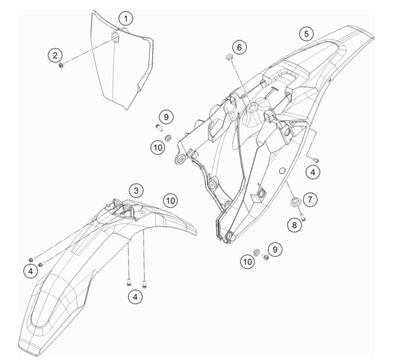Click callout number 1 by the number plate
pyautogui.click(x=126, y=18)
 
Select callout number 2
pyautogui.click(x=55, y=55)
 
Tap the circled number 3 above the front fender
pyautogui.click(x=136, y=191)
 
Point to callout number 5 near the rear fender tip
pyautogui.click(x=306, y=34)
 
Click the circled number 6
pyautogui.click(x=239, y=47)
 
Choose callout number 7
pyautogui.click(x=310, y=200)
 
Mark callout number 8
pyautogui.click(x=295, y=225)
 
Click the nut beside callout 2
pyautogui.click(x=61, y=65)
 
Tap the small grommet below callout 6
pyautogui.click(x=229, y=57)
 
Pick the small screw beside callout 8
pyautogui.click(x=303, y=216)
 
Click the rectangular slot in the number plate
pyautogui.click(x=115, y=37)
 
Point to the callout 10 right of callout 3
pyautogui.click(x=171, y=201)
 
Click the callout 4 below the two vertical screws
pyautogui.click(x=135, y=296)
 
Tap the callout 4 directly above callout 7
pyautogui.click(x=313, y=172)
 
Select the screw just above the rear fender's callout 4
pyautogui.click(x=316, y=160)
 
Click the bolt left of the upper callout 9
pyautogui.click(x=158, y=127)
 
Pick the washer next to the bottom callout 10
pyautogui.click(x=256, y=251)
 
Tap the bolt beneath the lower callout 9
pyautogui.click(x=265, y=257)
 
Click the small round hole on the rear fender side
pyautogui.click(x=282, y=171)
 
